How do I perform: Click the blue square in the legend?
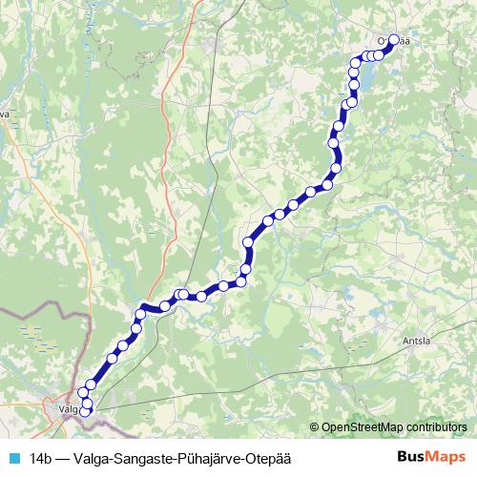pyautogui.click(x=15, y=457)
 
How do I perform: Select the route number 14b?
pyautogui.click(x=42, y=457)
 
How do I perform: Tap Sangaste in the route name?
pyautogui.click(x=150, y=457)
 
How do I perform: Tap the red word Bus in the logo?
pyautogui.click(x=412, y=457)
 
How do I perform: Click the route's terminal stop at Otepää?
pyautogui.click(x=392, y=41)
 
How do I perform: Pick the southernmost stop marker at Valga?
pyautogui.click(x=85, y=412)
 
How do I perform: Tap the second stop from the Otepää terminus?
pyautogui.click(x=380, y=55)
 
